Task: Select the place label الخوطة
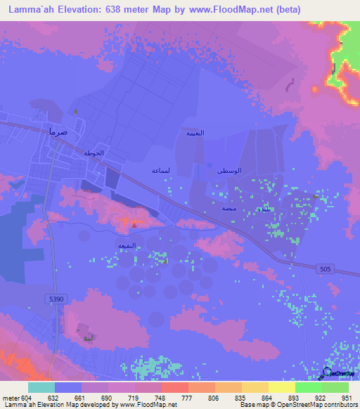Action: pyautogui.click(x=94, y=153)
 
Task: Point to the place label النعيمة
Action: pyautogui.click(x=195, y=132)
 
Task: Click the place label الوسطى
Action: pyautogui.click(x=230, y=170)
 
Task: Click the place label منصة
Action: pyautogui.click(x=229, y=209)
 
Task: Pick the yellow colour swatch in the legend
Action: pyautogui.click(x=281, y=387)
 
